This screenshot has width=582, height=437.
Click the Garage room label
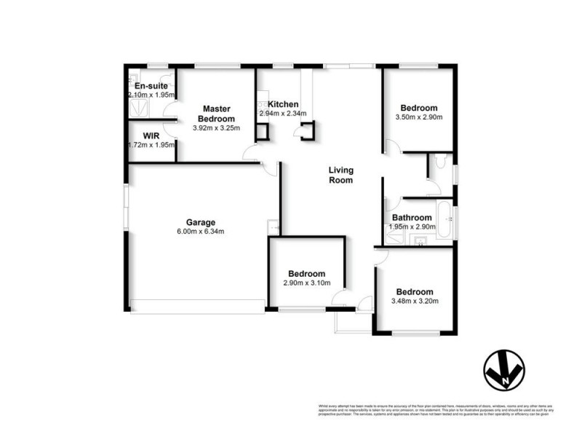click(199, 222)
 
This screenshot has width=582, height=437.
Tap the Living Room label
click(340, 175)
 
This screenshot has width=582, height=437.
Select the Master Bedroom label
click(219, 114)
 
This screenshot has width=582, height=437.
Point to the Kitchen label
click(283, 104)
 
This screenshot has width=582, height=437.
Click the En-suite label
click(151, 86)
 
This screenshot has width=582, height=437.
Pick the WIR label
click(151, 135)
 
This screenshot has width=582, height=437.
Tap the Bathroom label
click(412, 217)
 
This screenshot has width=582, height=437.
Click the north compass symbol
click(504, 372)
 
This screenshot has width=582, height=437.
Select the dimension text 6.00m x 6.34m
click(199, 232)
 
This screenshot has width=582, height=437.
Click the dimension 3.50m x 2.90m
click(418, 117)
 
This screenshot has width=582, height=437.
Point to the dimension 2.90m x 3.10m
click(307, 283)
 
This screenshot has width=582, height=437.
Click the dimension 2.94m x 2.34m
click(283, 114)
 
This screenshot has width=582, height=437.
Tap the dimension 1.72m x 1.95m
click(152, 144)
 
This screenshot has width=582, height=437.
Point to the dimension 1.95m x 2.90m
click(412, 227)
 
